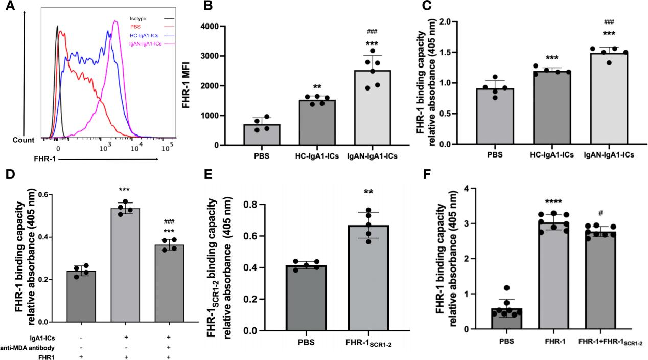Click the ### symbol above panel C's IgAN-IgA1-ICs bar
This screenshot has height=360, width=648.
click(x=609, y=22)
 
